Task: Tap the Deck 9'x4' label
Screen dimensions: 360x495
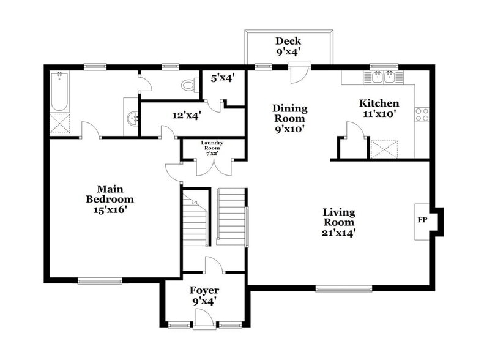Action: [288, 47]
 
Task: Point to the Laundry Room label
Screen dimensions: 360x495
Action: [212, 148]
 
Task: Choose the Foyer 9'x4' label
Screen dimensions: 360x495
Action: [204, 295]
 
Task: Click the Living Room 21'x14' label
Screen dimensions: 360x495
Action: [339, 222]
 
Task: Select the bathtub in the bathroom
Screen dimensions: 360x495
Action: [59, 92]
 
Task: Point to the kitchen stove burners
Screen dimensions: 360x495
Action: [422, 114]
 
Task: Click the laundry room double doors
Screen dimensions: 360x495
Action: [212, 165]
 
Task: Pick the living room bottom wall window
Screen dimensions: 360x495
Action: [343, 288]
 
